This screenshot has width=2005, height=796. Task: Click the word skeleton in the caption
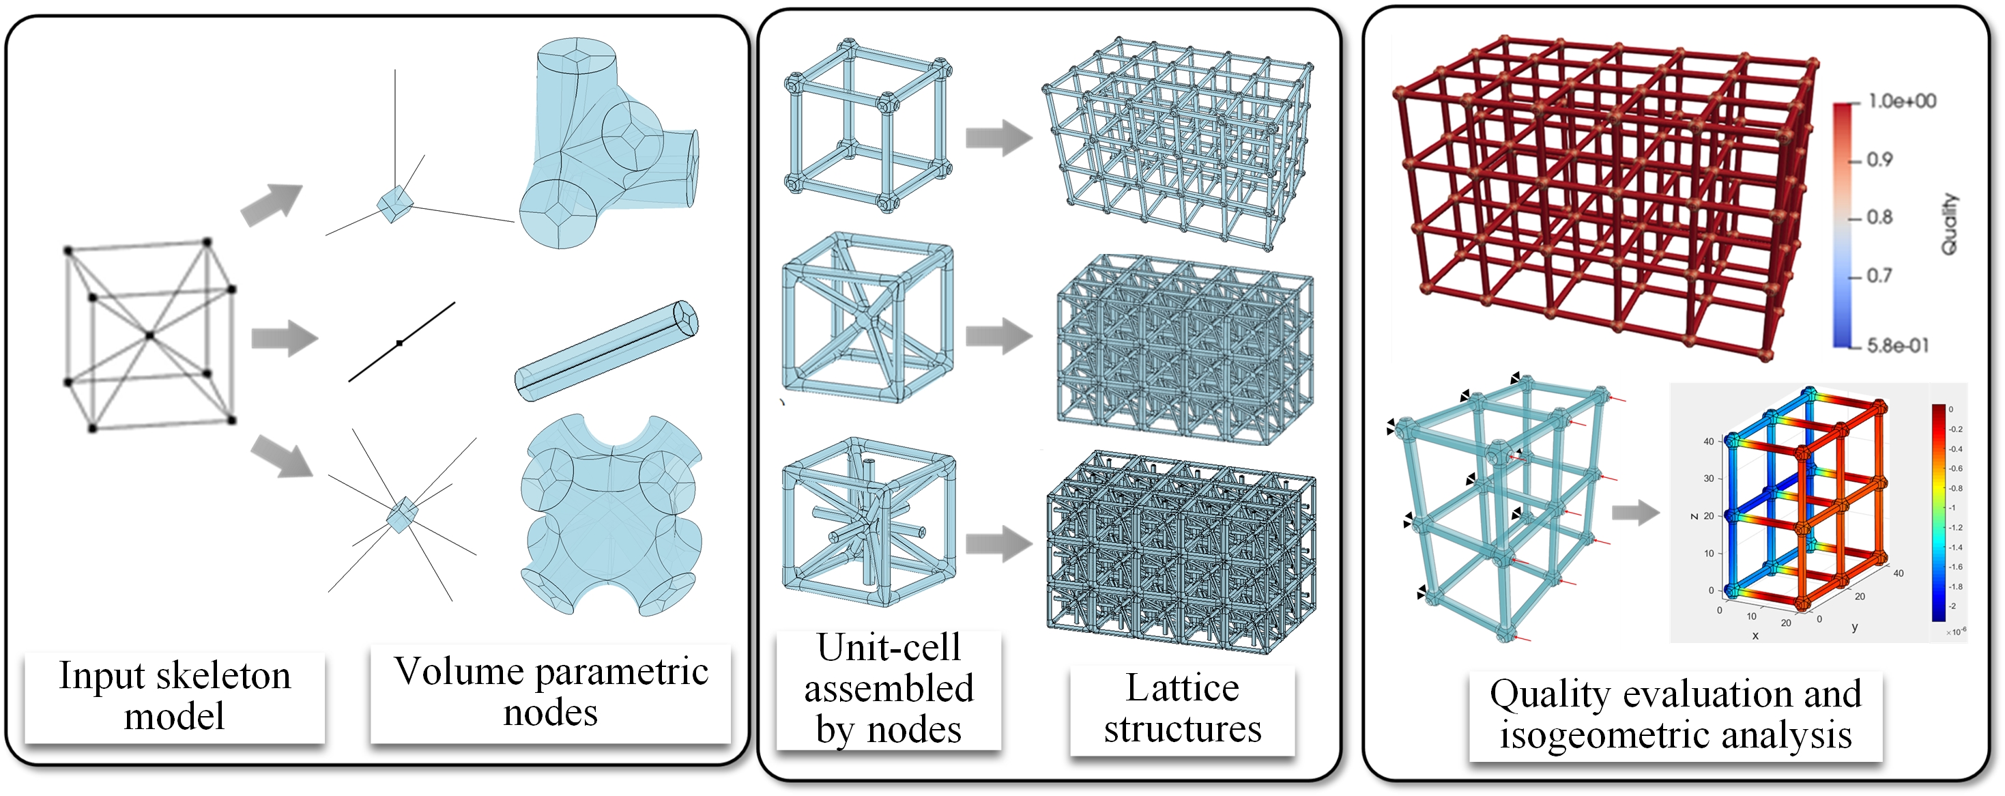223,676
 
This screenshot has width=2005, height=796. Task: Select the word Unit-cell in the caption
888,648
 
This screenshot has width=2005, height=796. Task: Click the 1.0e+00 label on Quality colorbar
1901,101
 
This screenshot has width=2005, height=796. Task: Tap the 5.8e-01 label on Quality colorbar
1898,345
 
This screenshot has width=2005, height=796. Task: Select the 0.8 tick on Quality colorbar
1879,217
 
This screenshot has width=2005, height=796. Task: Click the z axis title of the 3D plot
1694,516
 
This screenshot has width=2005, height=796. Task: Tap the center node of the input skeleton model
149,336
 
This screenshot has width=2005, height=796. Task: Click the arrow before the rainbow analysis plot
1634,512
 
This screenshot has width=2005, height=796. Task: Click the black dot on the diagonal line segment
399,343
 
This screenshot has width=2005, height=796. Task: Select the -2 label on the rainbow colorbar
1951,606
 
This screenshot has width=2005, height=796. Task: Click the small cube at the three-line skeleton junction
394,204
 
